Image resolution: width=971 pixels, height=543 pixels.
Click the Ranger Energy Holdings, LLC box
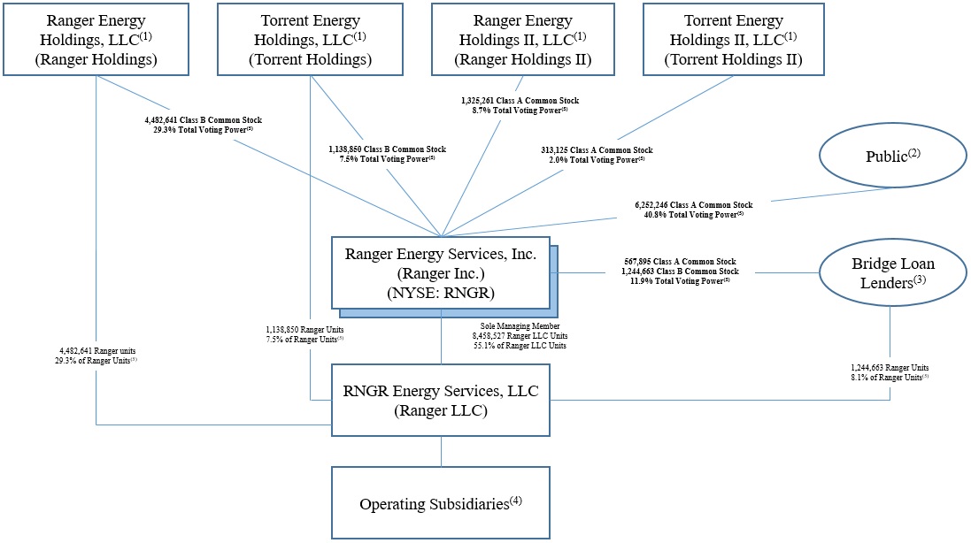tap(97, 39)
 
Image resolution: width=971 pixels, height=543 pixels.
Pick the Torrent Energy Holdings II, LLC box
tap(734, 39)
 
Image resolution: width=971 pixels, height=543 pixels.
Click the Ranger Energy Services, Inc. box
tap(441, 273)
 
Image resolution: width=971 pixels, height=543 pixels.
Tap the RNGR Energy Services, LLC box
tap(441, 399)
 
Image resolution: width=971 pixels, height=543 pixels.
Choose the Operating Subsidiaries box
tap(441, 503)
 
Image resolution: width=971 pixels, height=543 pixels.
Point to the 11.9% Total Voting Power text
tap(678, 281)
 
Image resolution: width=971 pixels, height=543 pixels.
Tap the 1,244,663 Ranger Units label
tap(890, 367)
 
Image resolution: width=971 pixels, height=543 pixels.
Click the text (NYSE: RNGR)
tap(441, 294)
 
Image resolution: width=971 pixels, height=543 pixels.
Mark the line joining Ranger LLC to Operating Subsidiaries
tap(441, 451)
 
